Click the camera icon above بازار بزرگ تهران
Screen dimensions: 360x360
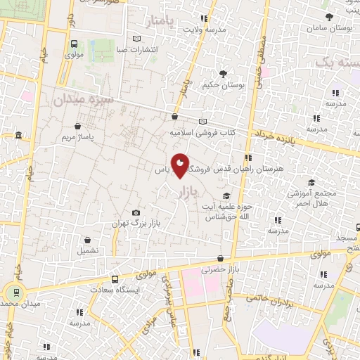click(x=136, y=213)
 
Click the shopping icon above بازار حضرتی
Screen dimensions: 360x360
click(x=221, y=259)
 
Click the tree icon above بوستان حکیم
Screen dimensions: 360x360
click(x=223, y=73)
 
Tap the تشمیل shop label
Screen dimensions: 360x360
click(x=88, y=250)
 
